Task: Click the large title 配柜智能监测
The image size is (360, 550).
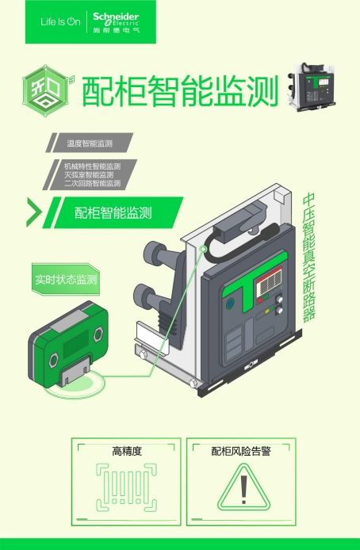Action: (181, 91)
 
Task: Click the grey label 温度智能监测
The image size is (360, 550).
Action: (89, 143)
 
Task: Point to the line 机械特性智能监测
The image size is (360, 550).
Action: (92, 166)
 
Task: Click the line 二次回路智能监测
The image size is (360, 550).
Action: (92, 183)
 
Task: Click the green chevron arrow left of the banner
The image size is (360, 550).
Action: (33, 212)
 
